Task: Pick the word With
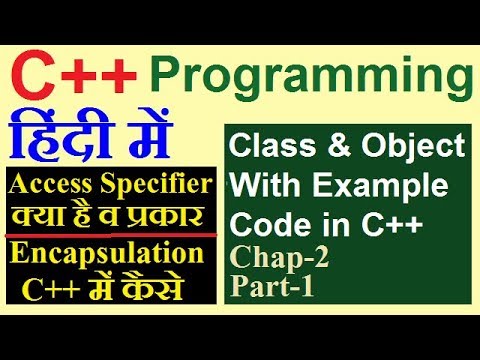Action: [x=261, y=185]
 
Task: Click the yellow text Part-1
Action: [x=269, y=287]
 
